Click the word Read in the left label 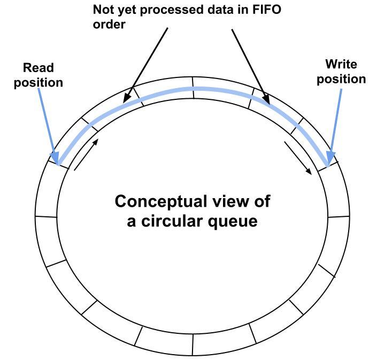[38, 68]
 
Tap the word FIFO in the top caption [266, 10]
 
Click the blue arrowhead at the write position [331, 157]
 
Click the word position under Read [38, 83]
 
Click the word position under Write [341, 79]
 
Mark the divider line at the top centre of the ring [193, 82]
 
